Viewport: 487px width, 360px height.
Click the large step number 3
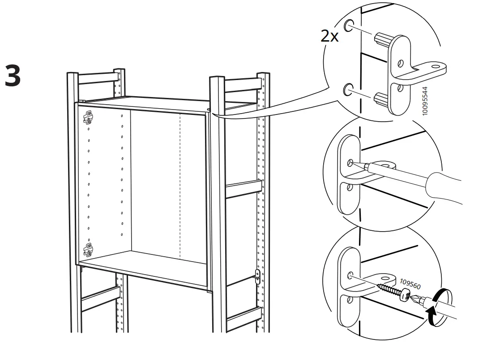click(13, 76)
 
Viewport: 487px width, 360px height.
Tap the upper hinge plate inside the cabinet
click(89, 117)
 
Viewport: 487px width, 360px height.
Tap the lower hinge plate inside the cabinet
click(89, 250)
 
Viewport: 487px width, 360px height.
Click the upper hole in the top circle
click(349, 25)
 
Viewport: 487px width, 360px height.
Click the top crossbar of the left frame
click(96, 78)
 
